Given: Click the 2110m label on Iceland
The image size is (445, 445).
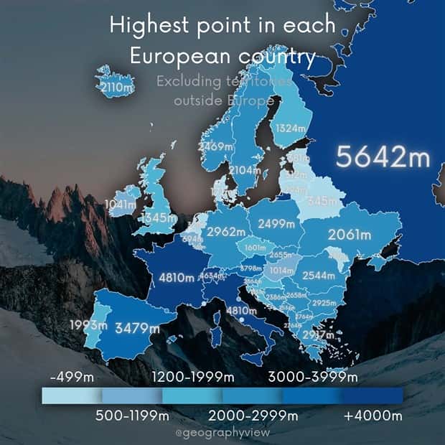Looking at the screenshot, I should (x=116, y=88).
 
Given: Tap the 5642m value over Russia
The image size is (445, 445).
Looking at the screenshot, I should (x=383, y=156).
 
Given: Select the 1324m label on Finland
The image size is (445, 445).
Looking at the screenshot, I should (x=291, y=128).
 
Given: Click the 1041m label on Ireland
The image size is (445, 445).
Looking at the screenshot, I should (x=120, y=204).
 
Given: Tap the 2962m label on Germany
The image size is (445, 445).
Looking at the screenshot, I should (x=226, y=232).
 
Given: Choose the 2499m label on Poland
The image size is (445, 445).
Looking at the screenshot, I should (x=276, y=223).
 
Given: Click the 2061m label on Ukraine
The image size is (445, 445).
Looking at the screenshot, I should (x=350, y=234).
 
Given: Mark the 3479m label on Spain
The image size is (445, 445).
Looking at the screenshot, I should (x=138, y=328).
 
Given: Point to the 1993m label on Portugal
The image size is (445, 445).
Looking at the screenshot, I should (x=90, y=325).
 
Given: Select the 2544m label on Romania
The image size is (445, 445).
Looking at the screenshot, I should (x=319, y=276).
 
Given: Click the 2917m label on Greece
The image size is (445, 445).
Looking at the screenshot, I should (x=318, y=334).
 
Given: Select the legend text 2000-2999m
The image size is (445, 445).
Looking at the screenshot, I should (x=253, y=416).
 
